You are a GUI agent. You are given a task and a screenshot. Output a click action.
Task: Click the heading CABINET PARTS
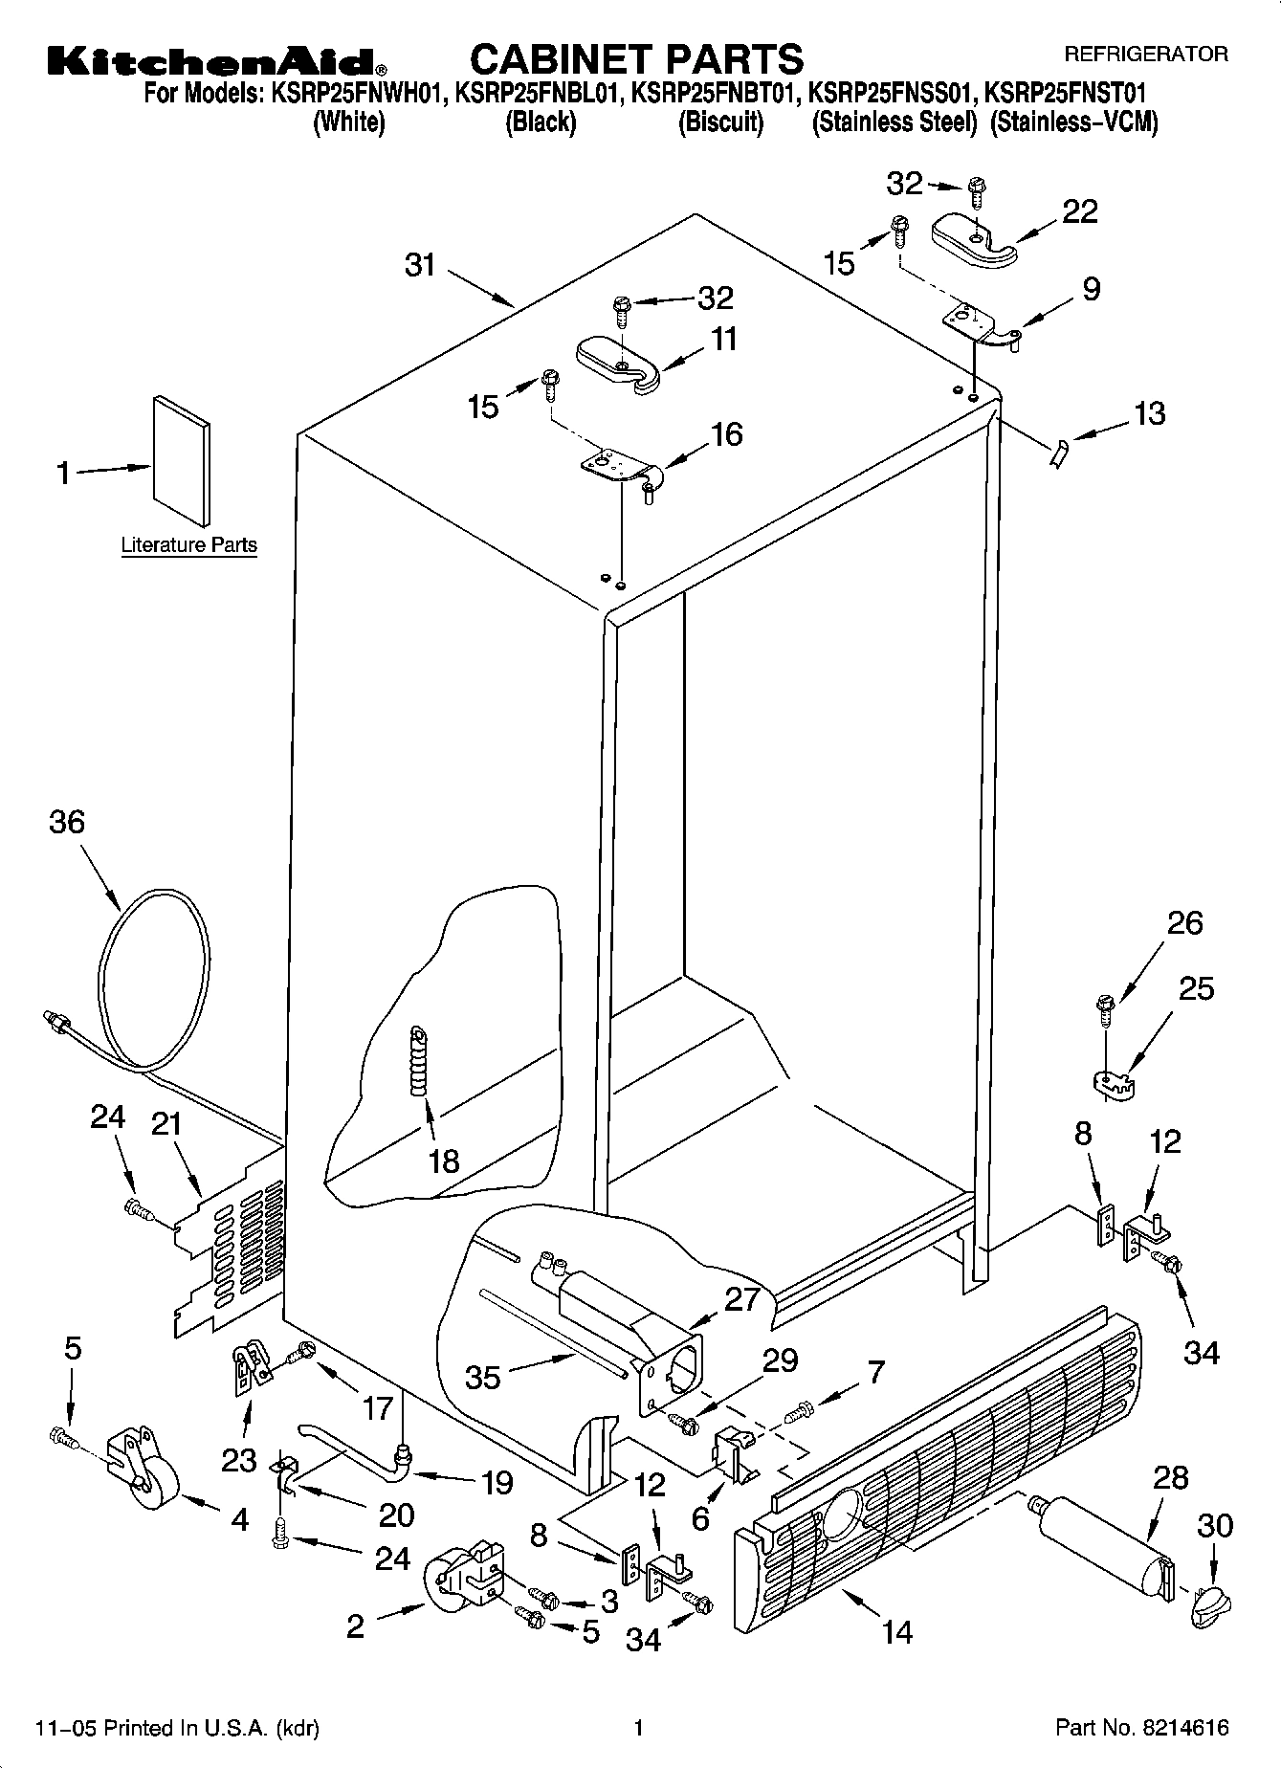[637, 59]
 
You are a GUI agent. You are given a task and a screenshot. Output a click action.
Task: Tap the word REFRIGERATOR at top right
[1145, 55]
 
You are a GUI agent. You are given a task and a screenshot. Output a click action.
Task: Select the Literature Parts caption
[188, 545]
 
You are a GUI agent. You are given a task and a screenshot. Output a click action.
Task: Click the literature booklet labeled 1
[180, 461]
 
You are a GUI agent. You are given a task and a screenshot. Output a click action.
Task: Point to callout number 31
[420, 265]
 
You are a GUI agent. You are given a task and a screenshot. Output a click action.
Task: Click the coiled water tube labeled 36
[153, 976]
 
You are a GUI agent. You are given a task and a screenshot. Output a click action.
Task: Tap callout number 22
[1080, 211]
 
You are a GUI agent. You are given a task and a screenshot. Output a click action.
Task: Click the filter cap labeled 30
[1209, 1603]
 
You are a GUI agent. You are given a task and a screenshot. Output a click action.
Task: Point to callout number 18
[444, 1161]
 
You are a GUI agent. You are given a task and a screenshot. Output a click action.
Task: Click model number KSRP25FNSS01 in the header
[892, 94]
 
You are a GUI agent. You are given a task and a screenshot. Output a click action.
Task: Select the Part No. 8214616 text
[1141, 1728]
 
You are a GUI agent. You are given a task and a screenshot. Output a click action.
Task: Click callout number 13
[1150, 413]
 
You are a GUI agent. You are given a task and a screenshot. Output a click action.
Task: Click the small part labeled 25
[1111, 1083]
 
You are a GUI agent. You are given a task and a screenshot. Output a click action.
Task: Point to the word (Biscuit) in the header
[720, 122]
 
